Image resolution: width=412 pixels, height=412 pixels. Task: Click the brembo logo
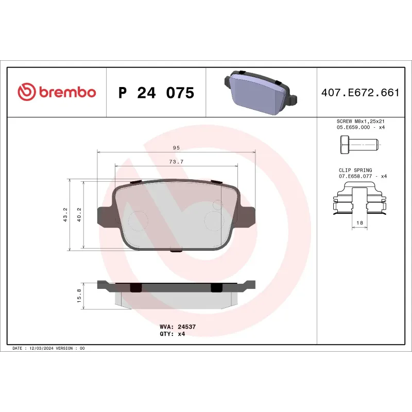coord(57,92)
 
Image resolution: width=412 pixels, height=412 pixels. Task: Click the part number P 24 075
coord(156,93)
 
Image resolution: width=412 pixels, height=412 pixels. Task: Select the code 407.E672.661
coord(360,93)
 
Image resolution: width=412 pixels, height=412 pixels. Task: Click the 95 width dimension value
coord(176,148)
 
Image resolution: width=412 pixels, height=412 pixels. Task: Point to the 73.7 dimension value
coord(176,162)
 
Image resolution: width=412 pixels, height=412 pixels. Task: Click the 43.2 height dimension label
coord(65,214)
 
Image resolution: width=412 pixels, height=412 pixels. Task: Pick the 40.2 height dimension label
coord(79,214)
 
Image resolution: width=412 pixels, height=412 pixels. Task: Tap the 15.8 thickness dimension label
coord(79,296)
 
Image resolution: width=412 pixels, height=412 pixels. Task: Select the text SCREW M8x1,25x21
coord(360,122)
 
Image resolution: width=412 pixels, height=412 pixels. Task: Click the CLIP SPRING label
coord(355,170)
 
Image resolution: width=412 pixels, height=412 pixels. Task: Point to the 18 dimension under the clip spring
coord(360,223)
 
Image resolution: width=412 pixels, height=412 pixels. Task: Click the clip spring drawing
coord(359,201)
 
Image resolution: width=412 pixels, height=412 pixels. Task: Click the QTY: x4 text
coord(172,334)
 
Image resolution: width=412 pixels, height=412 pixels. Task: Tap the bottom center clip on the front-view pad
coord(176,251)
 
